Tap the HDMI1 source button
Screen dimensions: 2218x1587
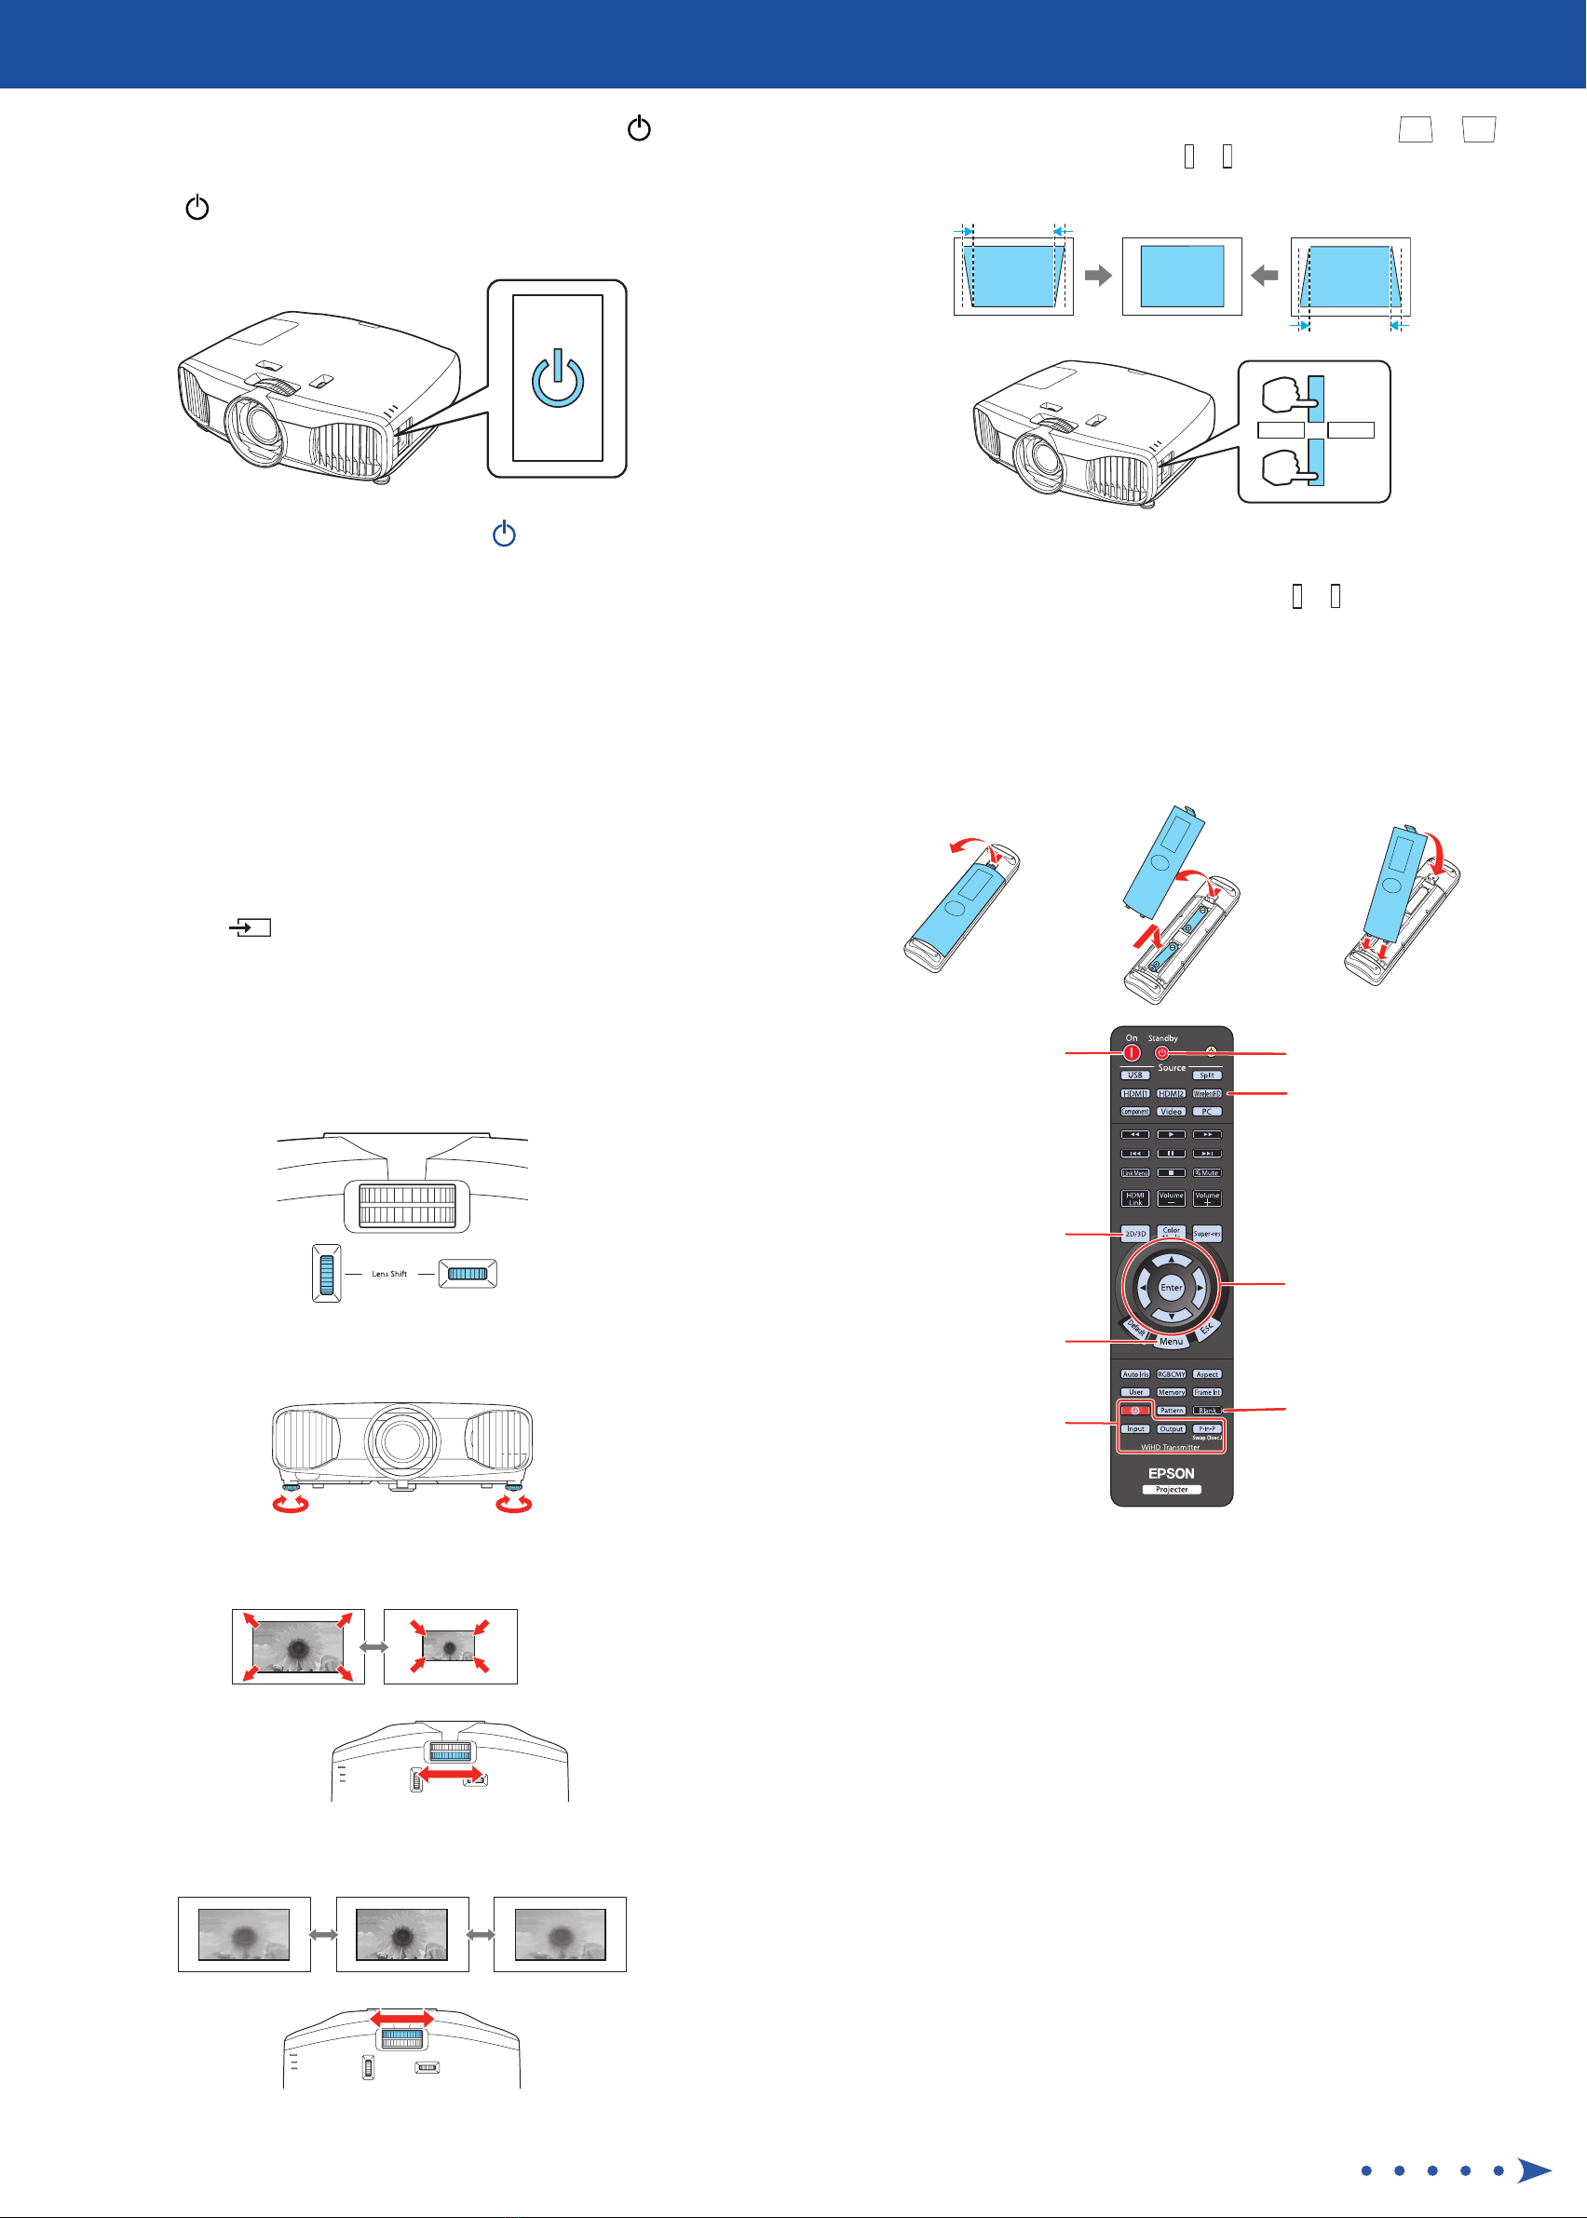click(x=1134, y=1093)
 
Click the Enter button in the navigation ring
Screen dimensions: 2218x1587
click(x=1171, y=1288)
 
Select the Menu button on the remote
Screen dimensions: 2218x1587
click(x=1171, y=1342)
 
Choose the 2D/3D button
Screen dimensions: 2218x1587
click(x=1134, y=1234)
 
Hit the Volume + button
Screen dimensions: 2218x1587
click(x=1207, y=1197)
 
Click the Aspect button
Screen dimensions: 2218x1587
click(x=1207, y=1373)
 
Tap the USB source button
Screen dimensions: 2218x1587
click(x=1134, y=1075)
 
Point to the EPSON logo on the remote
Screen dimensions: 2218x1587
click(x=1171, y=1472)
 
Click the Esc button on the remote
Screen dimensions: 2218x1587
click(x=1206, y=1329)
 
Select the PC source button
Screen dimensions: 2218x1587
click(x=1207, y=1112)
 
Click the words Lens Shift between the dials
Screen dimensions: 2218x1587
click(x=389, y=1274)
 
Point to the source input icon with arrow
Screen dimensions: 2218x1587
click(x=251, y=927)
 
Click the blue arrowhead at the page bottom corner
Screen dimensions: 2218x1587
click(x=1534, y=2171)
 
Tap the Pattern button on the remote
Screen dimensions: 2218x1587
click(x=1171, y=1411)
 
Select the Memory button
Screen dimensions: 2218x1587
click(x=1171, y=1392)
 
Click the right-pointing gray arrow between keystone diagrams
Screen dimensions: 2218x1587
click(x=1098, y=276)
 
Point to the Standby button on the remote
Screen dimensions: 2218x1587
click(x=1162, y=1053)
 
